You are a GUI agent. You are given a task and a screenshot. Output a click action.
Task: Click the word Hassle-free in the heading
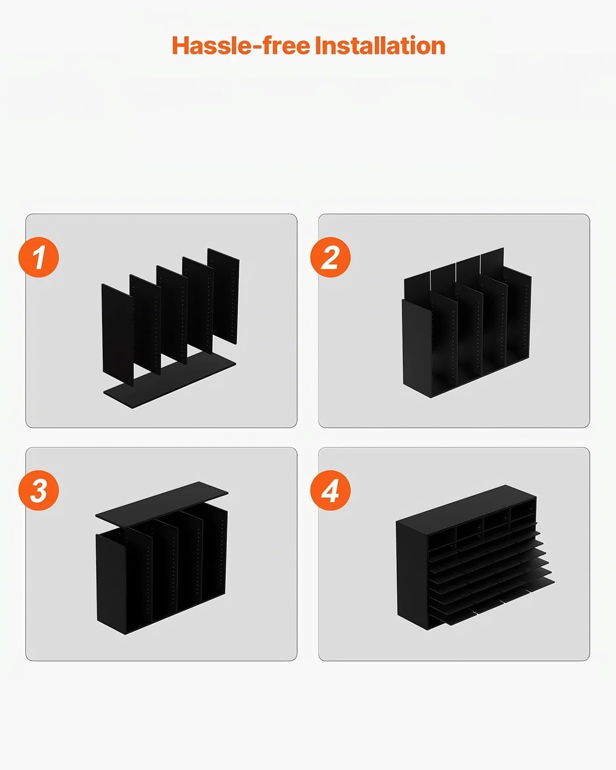[241, 46]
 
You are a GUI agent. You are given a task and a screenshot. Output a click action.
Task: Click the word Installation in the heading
[380, 46]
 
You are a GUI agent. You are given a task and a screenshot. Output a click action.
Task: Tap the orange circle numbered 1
[38, 257]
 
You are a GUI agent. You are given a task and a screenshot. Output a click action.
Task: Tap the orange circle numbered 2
[331, 257]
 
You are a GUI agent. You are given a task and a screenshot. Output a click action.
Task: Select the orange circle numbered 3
[38, 490]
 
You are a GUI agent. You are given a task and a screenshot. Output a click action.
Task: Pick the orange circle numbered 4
[331, 490]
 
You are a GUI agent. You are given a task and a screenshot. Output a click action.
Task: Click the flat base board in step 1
[170, 381]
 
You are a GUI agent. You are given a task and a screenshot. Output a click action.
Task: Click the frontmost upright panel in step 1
[118, 335]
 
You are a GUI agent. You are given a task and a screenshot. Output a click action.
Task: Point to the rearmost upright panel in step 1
[224, 296]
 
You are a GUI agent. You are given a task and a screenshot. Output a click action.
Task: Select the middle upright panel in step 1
[172, 315]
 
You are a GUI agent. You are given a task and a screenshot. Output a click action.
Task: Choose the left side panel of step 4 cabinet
[412, 575]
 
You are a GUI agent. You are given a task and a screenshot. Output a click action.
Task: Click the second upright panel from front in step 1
[145, 324]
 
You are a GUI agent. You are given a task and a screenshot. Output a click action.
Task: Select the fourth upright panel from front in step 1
[198, 305]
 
